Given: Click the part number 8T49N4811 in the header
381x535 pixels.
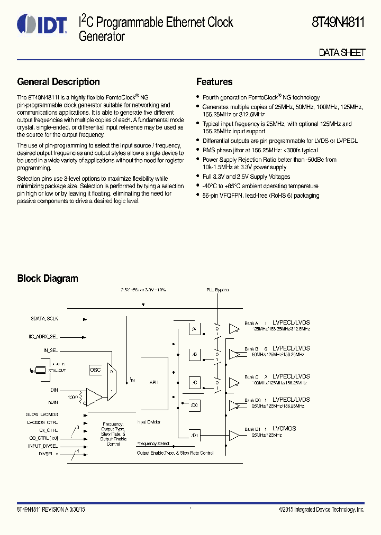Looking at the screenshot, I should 338,23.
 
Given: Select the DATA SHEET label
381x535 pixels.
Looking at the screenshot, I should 341,53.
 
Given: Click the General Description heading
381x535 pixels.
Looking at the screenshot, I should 58,82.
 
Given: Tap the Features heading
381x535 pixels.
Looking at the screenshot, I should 214,82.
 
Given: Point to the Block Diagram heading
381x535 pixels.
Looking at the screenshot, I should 48,279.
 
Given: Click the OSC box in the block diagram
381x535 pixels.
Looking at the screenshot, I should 95,370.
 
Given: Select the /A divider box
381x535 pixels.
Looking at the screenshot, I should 194,329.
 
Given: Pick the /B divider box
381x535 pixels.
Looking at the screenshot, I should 194,354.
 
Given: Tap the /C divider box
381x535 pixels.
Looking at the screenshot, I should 194,382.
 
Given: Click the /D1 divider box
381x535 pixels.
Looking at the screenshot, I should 194,435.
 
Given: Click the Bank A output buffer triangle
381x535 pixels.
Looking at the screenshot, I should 233,329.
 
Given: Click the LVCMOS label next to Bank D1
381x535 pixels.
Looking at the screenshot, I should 284,428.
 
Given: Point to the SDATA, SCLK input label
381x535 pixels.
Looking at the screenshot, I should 44,319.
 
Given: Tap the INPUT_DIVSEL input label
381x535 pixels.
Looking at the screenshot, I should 42,446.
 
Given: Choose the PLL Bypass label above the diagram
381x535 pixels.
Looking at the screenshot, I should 217,290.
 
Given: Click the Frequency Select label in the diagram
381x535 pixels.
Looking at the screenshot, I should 153,444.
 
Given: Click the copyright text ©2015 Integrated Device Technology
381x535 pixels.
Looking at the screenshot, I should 322,509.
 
